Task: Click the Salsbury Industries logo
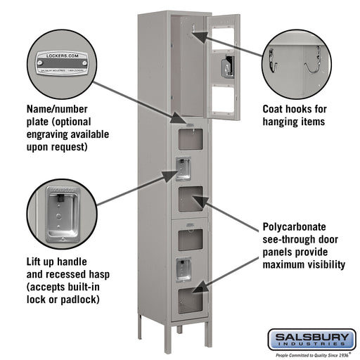click(311, 340)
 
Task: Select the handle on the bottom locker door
click(183, 267)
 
